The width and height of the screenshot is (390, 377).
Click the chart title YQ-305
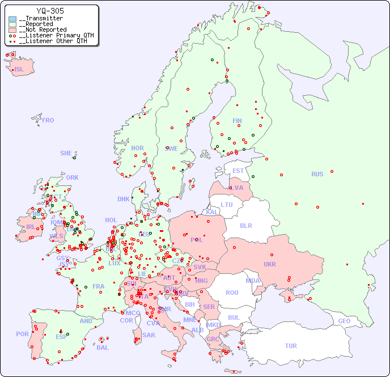50,11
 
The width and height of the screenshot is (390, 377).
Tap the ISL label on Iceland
19,70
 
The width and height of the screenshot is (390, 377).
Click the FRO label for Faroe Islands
48,120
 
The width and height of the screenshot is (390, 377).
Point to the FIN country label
237,121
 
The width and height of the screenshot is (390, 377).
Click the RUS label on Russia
317,174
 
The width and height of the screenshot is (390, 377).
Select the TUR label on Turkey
291,346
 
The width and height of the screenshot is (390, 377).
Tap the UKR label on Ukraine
269,264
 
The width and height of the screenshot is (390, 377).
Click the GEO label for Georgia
344,321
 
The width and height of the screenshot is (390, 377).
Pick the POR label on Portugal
22,334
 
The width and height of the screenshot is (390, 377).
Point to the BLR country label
246,225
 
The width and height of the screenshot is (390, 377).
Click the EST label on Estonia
238,171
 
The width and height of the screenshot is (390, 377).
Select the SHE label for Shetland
66,153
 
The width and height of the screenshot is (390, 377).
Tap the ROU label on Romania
232,293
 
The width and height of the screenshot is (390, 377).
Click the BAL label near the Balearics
103,348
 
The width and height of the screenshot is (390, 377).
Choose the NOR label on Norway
137,148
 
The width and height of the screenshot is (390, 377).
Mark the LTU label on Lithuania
227,205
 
